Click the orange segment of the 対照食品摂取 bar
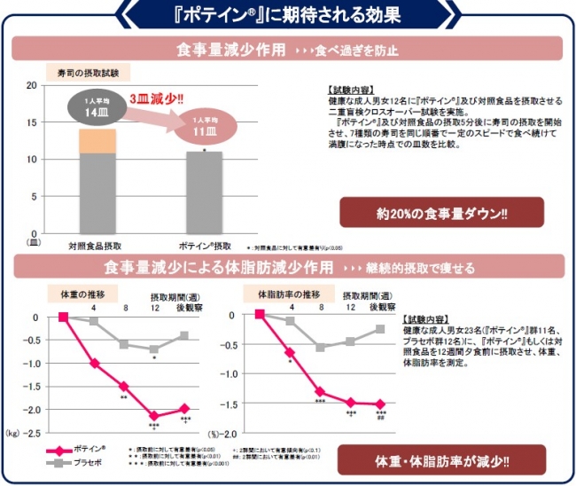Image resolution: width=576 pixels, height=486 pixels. (97, 140)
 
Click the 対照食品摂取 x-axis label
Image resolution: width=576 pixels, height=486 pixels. (96, 246)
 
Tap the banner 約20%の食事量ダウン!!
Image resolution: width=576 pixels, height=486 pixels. (441, 213)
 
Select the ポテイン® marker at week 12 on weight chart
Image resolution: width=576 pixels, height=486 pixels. (154, 415)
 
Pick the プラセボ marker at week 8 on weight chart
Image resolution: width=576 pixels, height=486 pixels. (123, 344)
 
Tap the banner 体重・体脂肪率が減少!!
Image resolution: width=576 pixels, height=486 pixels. (441, 461)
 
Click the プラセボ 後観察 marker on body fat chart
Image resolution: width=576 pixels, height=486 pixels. (380, 329)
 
